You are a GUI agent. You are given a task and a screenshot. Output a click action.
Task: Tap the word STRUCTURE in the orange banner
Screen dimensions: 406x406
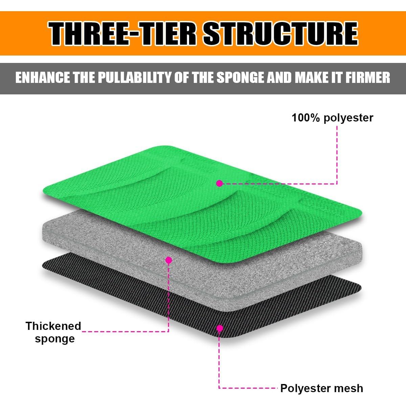click(280, 33)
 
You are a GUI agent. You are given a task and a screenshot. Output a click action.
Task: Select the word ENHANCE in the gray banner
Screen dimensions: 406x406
click(43, 77)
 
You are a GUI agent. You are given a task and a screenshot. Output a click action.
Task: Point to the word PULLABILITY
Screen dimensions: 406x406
click(135, 77)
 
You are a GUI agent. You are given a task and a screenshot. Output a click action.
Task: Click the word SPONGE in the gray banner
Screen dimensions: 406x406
click(241, 77)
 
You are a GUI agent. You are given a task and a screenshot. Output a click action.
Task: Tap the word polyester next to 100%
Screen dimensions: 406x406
click(348, 118)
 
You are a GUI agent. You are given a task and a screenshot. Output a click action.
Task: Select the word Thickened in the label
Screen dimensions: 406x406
click(53, 326)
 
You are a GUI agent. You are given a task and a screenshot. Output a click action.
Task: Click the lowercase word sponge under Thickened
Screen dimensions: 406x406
click(55, 339)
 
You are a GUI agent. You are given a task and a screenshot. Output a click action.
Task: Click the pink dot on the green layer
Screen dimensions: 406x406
click(220, 183)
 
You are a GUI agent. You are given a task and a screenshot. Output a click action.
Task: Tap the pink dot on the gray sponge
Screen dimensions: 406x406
click(168, 260)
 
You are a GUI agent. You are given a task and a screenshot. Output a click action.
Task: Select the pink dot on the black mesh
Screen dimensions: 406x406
click(220, 328)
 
